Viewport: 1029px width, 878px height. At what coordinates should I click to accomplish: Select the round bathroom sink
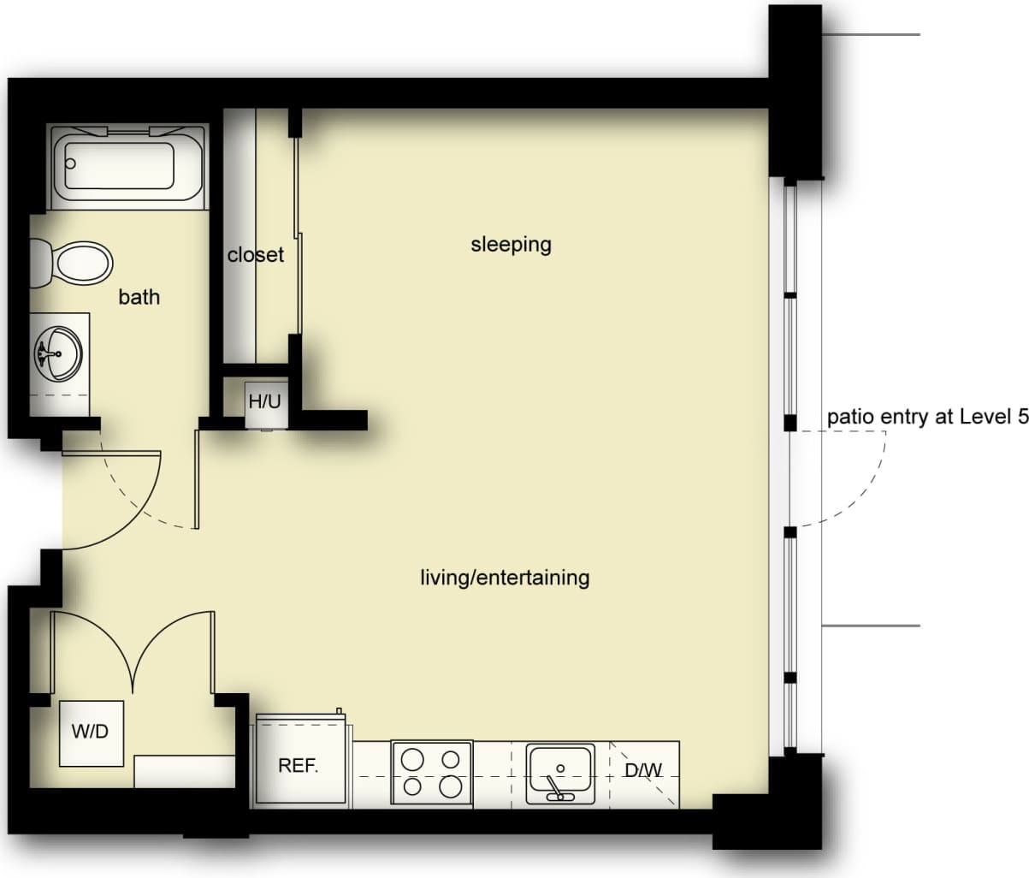(58, 353)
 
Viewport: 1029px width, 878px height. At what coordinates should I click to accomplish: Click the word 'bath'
(139, 297)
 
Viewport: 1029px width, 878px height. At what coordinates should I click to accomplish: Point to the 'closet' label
(255, 255)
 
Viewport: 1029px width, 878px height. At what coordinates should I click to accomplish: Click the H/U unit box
(264, 401)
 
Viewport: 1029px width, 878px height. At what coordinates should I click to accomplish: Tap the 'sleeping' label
(511, 245)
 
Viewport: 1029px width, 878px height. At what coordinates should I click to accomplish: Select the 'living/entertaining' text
(504, 578)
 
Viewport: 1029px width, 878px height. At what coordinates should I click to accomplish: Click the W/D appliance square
(91, 733)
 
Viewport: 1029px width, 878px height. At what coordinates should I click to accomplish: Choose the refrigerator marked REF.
(299, 765)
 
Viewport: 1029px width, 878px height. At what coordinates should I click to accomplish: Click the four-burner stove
(432, 773)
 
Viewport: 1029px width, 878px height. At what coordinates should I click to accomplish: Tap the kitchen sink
(560, 772)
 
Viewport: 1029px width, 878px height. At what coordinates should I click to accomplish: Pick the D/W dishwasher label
(643, 770)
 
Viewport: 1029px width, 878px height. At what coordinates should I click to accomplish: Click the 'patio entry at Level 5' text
(926, 418)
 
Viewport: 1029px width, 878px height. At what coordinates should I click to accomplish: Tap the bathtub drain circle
(72, 163)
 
